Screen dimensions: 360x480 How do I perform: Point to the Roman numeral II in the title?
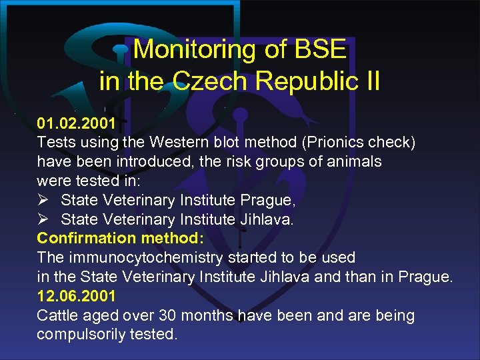point(369,81)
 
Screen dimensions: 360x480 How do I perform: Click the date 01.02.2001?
point(76,123)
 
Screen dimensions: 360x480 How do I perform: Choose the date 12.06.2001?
point(76,296)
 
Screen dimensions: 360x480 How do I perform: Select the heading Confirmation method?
point(121,238)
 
